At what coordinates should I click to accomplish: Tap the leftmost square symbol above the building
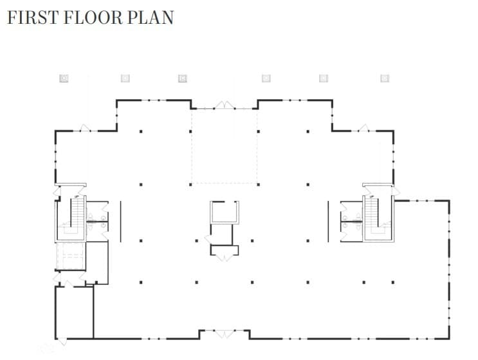64,78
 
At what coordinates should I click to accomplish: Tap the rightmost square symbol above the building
385,78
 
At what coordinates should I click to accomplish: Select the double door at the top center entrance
224,105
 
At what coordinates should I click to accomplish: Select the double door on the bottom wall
224,334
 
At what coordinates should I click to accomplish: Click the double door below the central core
224,257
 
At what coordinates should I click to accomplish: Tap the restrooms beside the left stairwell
98,219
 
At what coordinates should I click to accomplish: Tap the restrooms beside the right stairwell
351,219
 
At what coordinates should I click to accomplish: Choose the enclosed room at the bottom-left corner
74,312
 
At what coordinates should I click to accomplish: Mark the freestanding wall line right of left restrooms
120,220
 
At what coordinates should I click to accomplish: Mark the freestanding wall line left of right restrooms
328,220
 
